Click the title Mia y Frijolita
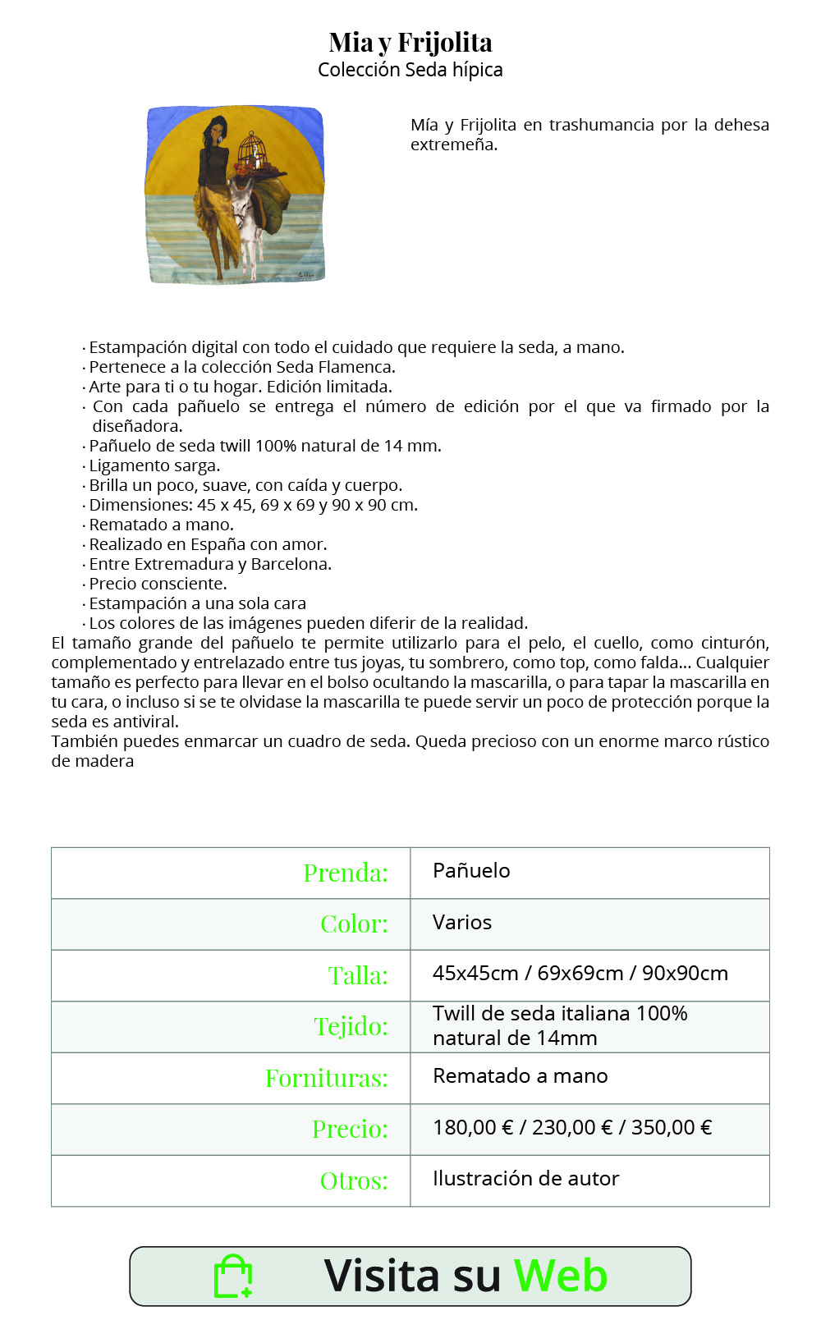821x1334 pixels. coord(410,42)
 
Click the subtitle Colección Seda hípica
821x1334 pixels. coord(410,70)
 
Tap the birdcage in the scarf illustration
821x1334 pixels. coord(252,150)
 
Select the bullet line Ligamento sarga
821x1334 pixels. coord(154,465)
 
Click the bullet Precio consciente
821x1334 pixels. coord(158,584)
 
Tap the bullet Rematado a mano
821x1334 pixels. coord(161,525)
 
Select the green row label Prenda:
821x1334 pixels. coord(346,873)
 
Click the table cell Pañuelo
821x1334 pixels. coord(471,871)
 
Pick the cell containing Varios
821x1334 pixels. coord(462,923)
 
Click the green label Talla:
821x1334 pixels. coord(358,975)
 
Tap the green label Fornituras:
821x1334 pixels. coord(327,1078)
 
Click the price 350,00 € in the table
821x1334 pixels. coord(671,1128)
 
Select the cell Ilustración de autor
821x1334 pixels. coord(525,1179)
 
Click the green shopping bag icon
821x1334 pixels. coord(233,1277)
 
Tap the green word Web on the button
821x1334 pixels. coord(561,1277)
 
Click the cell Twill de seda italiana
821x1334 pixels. coord(560,1014)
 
